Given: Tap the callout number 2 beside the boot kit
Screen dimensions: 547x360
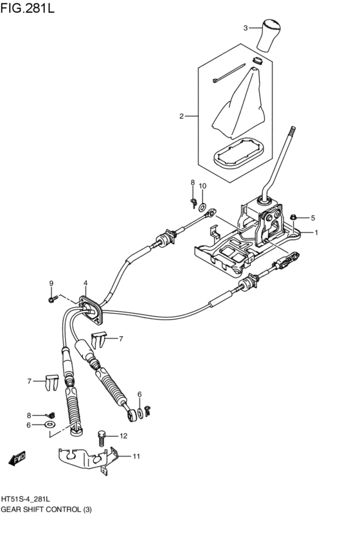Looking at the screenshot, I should [182, 116].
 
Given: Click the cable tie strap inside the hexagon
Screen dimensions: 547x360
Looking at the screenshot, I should [228, 72].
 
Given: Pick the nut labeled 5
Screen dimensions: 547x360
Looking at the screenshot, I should [293, 217].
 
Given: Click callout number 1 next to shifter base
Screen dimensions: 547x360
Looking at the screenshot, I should [316, 233].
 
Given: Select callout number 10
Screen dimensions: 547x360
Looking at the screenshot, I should [203, 186].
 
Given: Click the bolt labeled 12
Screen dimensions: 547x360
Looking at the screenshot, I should [101, 438].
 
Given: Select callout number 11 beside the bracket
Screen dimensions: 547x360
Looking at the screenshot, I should [136, 456].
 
